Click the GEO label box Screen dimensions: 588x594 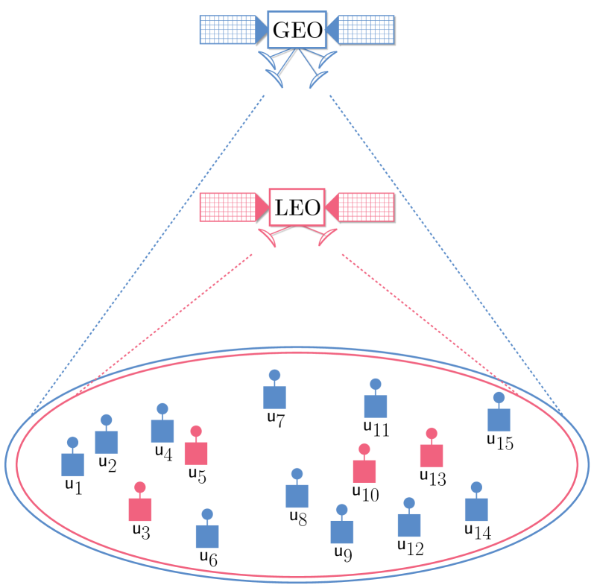[x=297, y=31]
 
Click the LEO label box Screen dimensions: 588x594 [x=297, y=207]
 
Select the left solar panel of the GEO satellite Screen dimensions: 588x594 [x=227, y=30]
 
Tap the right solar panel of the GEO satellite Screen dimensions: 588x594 [x=366, y=30]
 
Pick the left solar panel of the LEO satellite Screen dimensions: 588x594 [x=227, y=207]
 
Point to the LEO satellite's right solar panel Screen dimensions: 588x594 [x=366, y=207]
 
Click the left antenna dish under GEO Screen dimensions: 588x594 [x=271, y=69]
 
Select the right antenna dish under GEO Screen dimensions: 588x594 [x=322, y=69]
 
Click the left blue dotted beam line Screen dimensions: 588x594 [x=149, y=253]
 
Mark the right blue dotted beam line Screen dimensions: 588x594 [x=445, y=253]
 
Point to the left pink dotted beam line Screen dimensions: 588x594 [x=165, y=321]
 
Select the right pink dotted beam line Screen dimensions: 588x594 [x=429, y=321]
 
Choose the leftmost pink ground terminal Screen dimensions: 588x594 [x=140, y=509]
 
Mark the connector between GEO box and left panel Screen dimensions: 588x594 [x=262, y=30]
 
